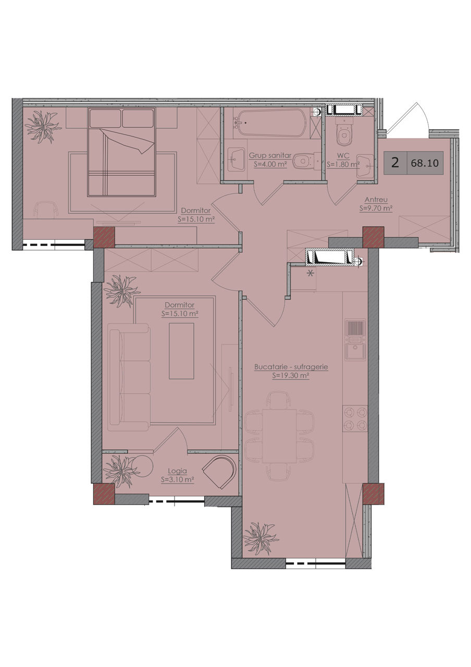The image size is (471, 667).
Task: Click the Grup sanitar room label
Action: pyautogui.click(x=270, y=155)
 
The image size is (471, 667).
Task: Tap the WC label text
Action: pyautogui.click(x=343, y=156)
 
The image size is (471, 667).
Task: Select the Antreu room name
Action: pyautogui.click(x=376, y=200)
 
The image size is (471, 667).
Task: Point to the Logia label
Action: pyautogui.click(x=178, y=471)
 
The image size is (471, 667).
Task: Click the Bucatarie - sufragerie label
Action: pyautogui.click(x=291, y=367)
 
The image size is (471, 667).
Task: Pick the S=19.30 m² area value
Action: pyautogui.click(x=291, y=376)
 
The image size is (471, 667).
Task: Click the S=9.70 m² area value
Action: pyautogui.click(x=376, y=208)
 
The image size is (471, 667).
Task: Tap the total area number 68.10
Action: pyautogui.click(x=425, y=163)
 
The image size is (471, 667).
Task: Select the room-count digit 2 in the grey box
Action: pyautogui.click(x=395, y=163)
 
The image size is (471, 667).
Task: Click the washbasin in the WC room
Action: pyautogui.click(x=365, y=166)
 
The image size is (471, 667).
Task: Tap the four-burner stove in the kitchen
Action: pyautogui.click(x=355, y=418)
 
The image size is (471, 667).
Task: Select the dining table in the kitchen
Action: pyautogui.click(x=279, y=436)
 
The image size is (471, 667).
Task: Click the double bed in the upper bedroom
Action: pyautogui.click(x=121, y=152)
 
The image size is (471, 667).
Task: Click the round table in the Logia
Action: pyautogui.click(x=142, y=466)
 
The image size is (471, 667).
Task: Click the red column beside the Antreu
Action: pyautogui.click(x=373, y=237)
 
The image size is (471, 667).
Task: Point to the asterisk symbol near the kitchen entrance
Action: pyautogui.click(x=310, y=273)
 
